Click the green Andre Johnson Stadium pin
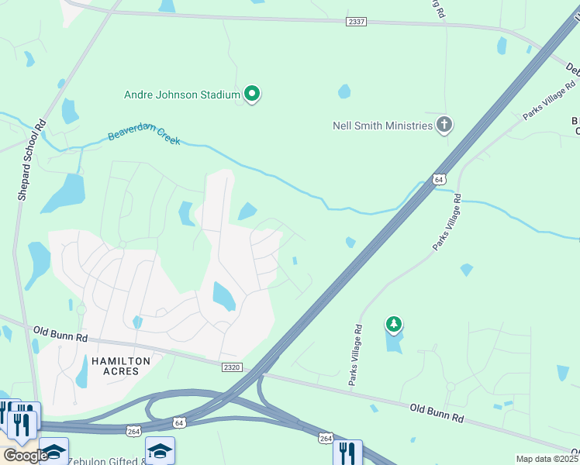click(x=252, y=94)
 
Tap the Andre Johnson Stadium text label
click(x=182, y=95)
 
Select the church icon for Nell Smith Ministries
click(x=444, y=124)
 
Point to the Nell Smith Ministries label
click(x=381, y=126)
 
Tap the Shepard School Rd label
click(x=32, y=161)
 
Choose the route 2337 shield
click(x=357, y=22)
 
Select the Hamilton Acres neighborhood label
click(x=115, y=366)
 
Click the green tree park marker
click(x=394, y=324)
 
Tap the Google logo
click(x=26, y=456)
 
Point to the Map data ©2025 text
click(x=547, y=459)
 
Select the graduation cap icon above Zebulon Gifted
click(x=160, y=452)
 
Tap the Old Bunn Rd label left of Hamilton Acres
click(x=61, y=335)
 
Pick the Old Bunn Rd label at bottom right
click(x=437, y=412)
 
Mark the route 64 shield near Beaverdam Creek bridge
click(x=439, y=179)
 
